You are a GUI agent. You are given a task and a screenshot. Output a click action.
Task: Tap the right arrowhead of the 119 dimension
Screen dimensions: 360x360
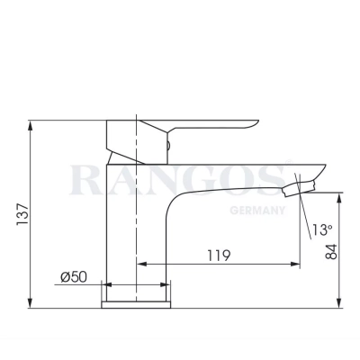coord(296,265)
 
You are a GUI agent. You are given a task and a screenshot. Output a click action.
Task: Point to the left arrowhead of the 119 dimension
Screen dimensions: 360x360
coord(141,265)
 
